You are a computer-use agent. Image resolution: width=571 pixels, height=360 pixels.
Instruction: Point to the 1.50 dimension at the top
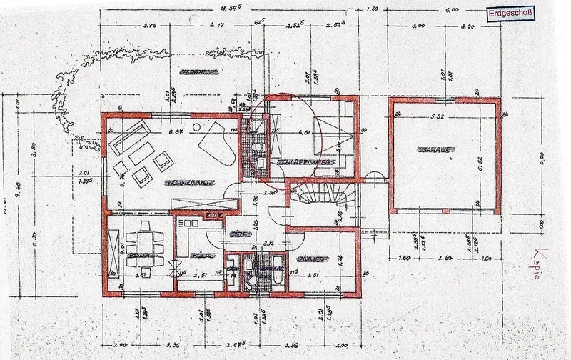[372, 11]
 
